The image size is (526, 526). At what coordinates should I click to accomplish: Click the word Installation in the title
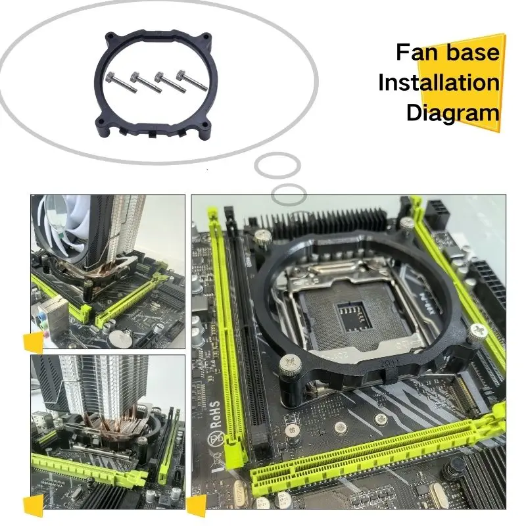(439, 84)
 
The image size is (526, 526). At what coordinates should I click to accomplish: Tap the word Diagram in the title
(453, 112)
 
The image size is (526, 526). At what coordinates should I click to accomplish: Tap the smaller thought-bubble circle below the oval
(289, 195)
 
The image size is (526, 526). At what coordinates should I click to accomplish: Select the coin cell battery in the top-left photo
(118, 337)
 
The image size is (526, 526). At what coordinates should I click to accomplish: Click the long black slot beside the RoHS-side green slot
(253, 329)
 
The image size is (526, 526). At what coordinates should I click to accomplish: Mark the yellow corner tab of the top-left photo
(32, 343)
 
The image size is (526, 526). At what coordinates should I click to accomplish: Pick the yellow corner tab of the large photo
(197, 506)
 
